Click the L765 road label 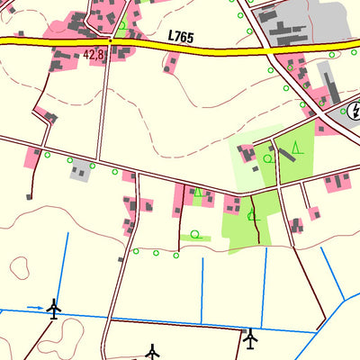coord(181,35)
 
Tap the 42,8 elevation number coord(94,55)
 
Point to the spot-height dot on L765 coord(110,40)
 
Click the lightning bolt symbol coord(355,112)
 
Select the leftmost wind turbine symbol coord(53,309)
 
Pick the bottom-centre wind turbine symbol coord(152,351)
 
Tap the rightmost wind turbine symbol coord(250,338)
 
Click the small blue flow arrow coord(34,308)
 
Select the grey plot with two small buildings coord(81,169)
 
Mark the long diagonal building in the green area coord(284,154)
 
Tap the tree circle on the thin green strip coord(195,236)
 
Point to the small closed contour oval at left coord(20,266)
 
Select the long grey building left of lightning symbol coord(328,90)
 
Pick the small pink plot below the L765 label coord(170,62)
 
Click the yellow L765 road coord(225,45)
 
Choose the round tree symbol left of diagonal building coord(268,158)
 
